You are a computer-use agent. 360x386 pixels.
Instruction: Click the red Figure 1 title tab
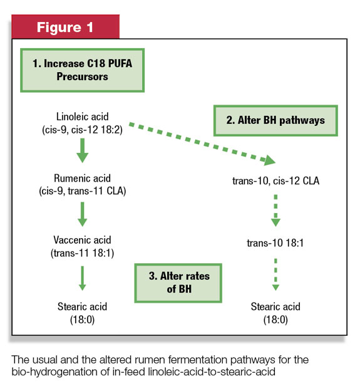coord(65,26)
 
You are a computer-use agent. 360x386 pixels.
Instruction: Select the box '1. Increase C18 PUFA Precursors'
coord(82,70)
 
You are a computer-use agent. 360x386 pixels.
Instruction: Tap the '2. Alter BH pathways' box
coord(275,120)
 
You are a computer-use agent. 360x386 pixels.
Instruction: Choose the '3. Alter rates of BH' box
coord(178,283)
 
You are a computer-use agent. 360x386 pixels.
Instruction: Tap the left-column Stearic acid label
coord(83,313)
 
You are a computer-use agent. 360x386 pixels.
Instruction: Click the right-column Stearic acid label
coord(275,313)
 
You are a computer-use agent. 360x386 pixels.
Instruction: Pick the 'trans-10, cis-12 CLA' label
coord(275,181)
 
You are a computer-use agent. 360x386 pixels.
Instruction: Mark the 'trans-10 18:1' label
coord(275,243)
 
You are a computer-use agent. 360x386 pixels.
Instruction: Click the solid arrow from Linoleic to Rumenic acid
coord(83,150)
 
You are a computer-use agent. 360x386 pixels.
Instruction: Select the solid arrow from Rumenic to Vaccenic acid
coord(83,214)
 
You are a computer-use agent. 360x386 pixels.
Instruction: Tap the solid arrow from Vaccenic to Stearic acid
coord(83,278)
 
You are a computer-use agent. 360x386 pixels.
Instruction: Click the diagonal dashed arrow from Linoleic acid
coord(202,143)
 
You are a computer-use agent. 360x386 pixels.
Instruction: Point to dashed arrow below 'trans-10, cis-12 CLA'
coord(275,211)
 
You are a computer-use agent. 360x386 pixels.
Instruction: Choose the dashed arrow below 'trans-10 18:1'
coord(275,274)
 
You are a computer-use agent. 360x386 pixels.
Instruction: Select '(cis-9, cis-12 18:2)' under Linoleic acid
coord(83,130)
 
